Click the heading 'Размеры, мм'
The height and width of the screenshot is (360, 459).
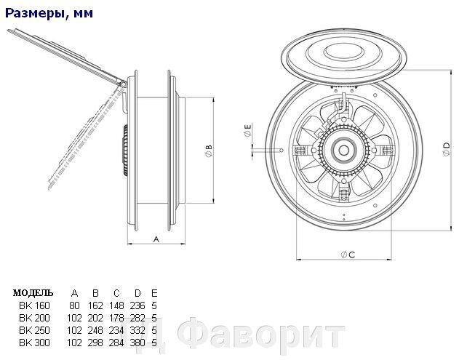click(47, 13)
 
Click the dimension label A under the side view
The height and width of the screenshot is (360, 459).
click(156, 238)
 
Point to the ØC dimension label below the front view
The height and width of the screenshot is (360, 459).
click(346, 254)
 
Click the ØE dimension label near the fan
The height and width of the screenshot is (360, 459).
click(247, 132)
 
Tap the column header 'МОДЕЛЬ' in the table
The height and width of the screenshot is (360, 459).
click(33, 293)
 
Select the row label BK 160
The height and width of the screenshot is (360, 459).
click(33, 305)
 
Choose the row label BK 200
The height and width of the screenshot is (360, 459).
click(33, 318)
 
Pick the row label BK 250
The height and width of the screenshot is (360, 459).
click(33, 329)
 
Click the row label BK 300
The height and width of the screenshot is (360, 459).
click(33, 342)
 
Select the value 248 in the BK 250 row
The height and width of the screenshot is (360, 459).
click(95, 329)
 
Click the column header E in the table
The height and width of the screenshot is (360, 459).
click(154, 293)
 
